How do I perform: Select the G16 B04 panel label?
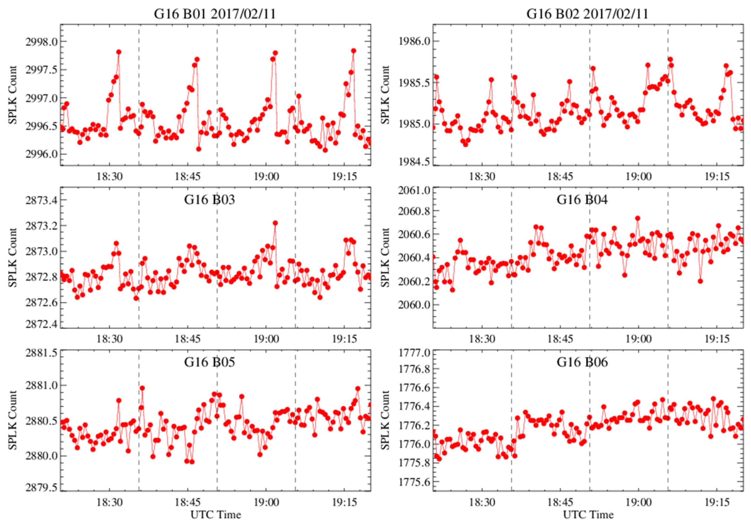[582, 199]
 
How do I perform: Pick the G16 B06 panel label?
[582, 362]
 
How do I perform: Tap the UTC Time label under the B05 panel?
[216, 515]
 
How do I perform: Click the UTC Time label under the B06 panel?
[588, 515]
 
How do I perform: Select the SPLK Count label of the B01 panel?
[12, 95]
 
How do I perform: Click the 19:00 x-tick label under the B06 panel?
[638, 502]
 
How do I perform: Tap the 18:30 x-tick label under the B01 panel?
[110, 177]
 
